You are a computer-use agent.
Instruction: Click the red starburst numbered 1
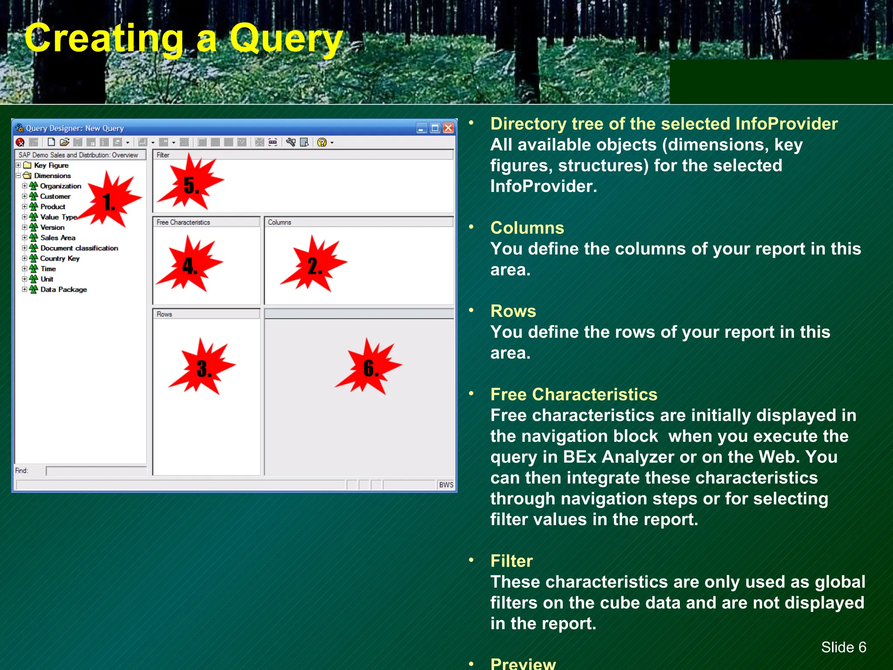coord(110,202)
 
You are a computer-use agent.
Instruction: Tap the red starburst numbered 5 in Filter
coord(191,185)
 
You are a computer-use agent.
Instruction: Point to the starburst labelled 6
coord(370,368)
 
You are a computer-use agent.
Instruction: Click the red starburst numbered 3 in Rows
coord(203,368)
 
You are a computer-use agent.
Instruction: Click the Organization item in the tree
coord(60,186)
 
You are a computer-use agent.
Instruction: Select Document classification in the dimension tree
coord(79,248)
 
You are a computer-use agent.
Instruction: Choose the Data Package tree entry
coord(63,290)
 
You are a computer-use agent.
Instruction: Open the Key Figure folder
coord(51,165)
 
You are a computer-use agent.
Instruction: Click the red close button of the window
coord(448,128)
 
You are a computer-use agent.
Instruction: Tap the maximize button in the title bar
coord(435,128)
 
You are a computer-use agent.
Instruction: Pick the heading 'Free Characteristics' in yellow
coord(573,394)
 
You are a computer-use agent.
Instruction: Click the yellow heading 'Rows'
coord(513,311)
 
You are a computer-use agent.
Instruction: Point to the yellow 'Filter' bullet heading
coord(511,561)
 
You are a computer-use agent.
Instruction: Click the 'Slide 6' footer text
coord(843,647)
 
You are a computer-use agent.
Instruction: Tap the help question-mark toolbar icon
coord(322,142)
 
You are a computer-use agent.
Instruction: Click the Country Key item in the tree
coord(60,259)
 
